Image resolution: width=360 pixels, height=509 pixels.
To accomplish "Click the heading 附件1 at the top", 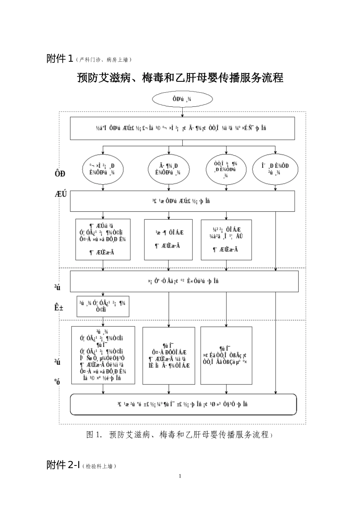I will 59,59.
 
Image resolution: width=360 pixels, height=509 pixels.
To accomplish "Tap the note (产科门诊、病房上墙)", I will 103,60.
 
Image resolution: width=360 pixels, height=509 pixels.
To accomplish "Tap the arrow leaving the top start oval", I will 183,112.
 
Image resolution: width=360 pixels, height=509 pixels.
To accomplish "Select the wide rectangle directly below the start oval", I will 182,128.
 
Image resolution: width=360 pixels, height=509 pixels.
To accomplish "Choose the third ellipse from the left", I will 226,169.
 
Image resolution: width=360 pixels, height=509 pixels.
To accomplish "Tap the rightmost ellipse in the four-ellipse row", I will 275,169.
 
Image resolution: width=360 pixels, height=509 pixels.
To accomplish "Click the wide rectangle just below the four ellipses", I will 182,201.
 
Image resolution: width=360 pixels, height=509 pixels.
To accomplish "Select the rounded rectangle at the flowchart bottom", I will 183,404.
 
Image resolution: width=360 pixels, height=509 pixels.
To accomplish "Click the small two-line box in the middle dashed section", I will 103,306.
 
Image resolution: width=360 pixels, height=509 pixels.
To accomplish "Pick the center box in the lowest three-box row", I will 169,356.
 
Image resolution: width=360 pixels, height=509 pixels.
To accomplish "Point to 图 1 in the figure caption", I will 94,434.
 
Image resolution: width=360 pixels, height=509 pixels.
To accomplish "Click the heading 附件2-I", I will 63,465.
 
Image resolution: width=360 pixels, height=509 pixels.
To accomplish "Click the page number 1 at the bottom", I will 180,476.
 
